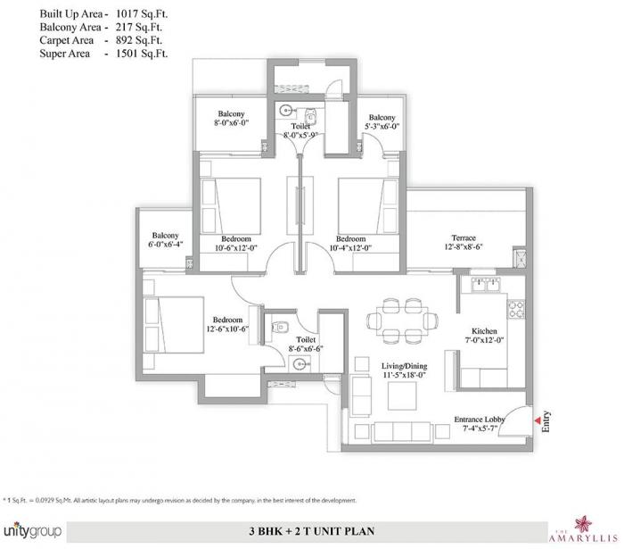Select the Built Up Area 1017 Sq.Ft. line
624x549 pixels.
click(86, 14)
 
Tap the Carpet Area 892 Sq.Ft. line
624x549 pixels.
click(86, 41)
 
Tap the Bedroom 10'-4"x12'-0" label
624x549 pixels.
click(350, 244)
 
